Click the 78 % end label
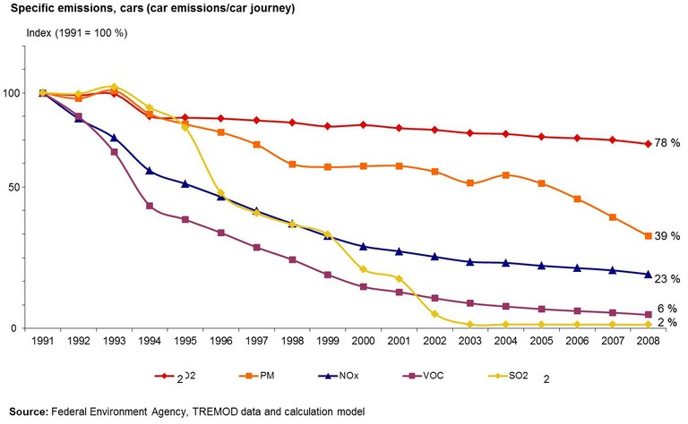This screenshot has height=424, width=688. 667,143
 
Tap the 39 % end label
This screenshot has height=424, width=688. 667,235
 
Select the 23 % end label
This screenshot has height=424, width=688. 667,279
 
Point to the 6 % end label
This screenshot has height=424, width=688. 666,308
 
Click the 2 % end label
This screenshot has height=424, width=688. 666,322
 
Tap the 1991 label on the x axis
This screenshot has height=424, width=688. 42,341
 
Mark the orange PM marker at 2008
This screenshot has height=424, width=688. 647,235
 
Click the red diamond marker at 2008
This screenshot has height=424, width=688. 647,144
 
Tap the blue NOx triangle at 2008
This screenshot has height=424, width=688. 647,274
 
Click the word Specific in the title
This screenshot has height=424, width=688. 28,10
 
